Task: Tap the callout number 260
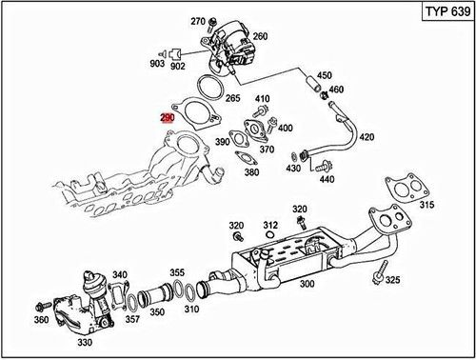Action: [x=259, y=37]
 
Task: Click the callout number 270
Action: [x=198, y=21]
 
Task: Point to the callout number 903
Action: [x=158, y=65]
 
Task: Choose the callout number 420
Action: [x=367, y=137]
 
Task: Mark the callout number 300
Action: [x=307, y=284]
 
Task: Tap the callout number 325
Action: [x=393, y=282]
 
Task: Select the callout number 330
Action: [x=85, y=342]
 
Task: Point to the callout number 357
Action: [x=132, y=318]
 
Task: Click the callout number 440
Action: [x=327, y=178]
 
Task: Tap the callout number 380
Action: [x=251, y=173]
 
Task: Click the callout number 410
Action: [x=263, y=98]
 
